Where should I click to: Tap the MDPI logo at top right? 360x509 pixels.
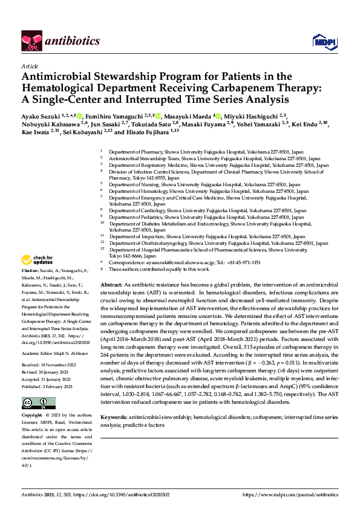pyautogui.click(x=322, y=41)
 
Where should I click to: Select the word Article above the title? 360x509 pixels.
pyautogui.click(x=30, y=66)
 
